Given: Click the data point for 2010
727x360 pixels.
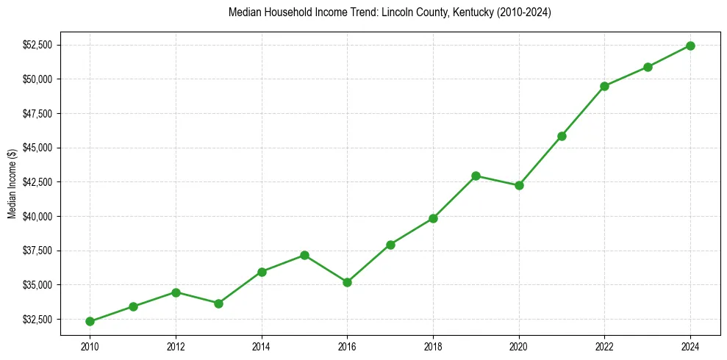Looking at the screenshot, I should point(90,321).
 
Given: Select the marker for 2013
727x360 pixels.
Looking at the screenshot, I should point(218,303).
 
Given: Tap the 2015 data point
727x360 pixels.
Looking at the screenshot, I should point(304,255).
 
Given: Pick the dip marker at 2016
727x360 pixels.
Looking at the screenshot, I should point(347,282).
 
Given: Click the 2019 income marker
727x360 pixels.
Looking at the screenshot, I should point(476,176).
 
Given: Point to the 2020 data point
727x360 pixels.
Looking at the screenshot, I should point(519,185).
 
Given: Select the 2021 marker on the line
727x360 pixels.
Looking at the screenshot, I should point(562,136).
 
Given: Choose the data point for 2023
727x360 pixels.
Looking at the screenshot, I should point(648,67).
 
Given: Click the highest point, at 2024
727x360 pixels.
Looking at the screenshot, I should point(690,46).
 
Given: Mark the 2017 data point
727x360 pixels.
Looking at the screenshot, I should point(390,245).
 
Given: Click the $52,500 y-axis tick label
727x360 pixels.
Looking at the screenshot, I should point(37,45).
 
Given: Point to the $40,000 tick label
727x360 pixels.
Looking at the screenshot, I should point(37,217).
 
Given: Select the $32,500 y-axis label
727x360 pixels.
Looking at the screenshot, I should point(37,320).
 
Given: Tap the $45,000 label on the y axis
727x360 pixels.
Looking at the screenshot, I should point(37,148).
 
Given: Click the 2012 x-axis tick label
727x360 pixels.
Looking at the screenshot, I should point(176,345).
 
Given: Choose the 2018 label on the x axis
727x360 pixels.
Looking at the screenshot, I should point(433,345).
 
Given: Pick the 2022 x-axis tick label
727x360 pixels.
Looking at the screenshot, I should point(604,345).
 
